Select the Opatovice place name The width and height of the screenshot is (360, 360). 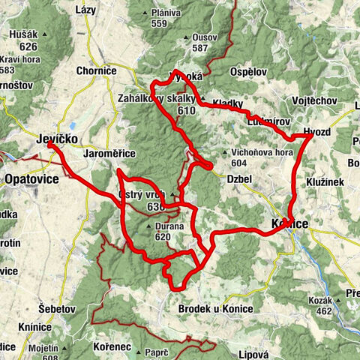point(31,180)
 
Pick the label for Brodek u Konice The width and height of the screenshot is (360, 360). point(216,309)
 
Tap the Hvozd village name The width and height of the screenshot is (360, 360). point(318,131)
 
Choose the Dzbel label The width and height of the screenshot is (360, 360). point(239,178)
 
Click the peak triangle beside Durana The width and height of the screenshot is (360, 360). point(151,225)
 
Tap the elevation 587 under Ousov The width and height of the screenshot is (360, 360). point(199,48)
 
